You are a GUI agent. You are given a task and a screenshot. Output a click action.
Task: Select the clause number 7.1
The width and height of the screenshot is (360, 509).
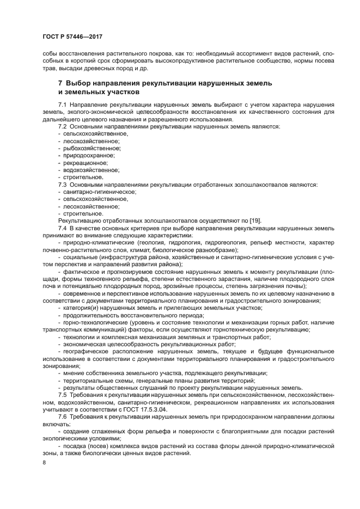click(x=63, y=104)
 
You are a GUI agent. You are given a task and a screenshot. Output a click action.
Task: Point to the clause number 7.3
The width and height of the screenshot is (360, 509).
click(x=63, y=185)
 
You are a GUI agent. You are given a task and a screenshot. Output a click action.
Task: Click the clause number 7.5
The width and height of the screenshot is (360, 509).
click(x=63, y=394)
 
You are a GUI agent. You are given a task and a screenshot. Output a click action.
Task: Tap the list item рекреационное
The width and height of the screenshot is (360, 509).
click(x=86, y=163)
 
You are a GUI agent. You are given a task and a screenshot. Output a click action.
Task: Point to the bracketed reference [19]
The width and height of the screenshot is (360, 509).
click(x=254, y=220)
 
